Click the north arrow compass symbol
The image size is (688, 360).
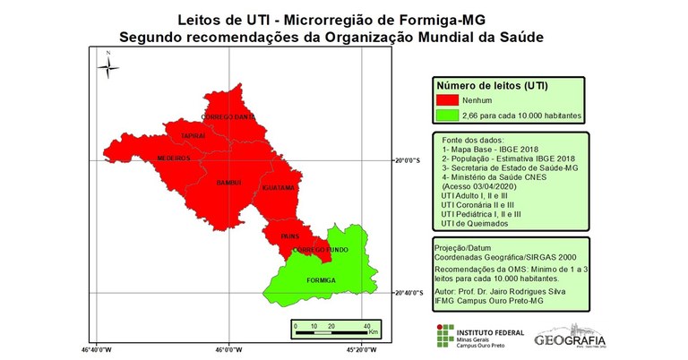pyautogui.click(x=107, y=65)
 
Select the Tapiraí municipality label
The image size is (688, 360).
pyautogui.click(x=193, y=135)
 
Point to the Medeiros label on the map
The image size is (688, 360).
pyautogui.click(x=174, y=158)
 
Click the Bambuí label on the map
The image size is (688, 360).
pyautogui.click(x=229, y=183)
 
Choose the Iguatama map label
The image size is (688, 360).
pyautogui.click(x=278, y=188)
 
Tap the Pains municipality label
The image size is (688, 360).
pyautogui.click(x=289, y=236)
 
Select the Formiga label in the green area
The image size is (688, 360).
pyautogui.click(x=321, y=279)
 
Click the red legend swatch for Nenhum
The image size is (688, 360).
pyautogui.click(x=447, y=100)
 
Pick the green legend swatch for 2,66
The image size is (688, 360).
pyautogui.click(x=447, y=116)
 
